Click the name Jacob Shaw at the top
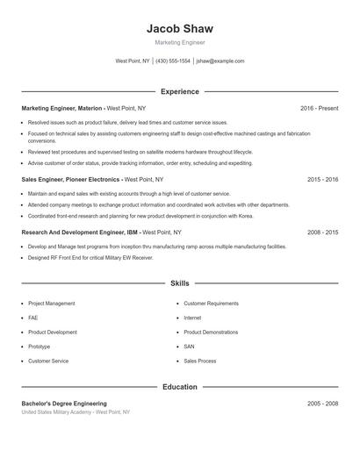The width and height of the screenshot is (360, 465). pyautogui.click(x=180, y=29)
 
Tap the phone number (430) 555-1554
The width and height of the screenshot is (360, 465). pyautogui.click(x=174, y=61)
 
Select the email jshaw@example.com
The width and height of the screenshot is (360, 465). pyautogui.click(x=220, y=61)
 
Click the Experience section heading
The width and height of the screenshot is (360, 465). pyautogui.click(x=180, y=91)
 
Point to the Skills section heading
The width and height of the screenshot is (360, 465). pyautogui.click(x=180, y=284)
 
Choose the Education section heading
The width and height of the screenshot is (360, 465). pyautogui.click(x=180, y=387)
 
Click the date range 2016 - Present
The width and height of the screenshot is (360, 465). pyautogui.click(x=319, y=108)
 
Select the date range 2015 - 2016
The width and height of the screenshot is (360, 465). pyautogui.click(x=322, y=179)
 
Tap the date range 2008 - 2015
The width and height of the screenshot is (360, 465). pyautogui.click(x=322, y=232)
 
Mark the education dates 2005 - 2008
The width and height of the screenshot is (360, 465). pyautogui.click(x=322, y=403)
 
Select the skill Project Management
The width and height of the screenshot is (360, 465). pyautogui.click(x=52, y=304)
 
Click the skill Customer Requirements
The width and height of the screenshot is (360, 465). pyautogui.click(x=211, y=304)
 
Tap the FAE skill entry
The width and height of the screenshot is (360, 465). pyautogui.click(x=33, y=318)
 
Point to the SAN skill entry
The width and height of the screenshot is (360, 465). pyautogui.click(x=189, y=347)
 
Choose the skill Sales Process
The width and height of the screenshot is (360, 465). pyautogui.click(x=200, y=361)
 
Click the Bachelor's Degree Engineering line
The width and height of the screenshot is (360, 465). pyautogui.click(x=64, y=403)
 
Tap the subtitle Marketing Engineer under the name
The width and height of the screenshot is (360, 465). pyautogui.click(x=180, y=42)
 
